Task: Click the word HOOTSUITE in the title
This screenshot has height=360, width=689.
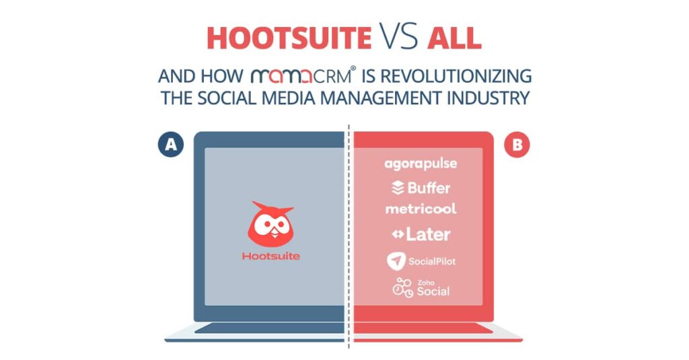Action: point(289,38)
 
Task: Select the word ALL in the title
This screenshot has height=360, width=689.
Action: point(454,38)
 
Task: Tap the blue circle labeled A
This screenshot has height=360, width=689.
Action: point(171,145)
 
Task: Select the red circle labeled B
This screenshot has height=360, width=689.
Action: point(517,145)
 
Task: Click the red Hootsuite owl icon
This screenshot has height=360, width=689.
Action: point(270,224)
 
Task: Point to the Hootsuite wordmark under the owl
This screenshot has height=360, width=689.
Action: point(271,256)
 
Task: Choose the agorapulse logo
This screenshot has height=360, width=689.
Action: point(421,164)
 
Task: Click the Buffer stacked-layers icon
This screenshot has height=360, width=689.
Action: point(398,188)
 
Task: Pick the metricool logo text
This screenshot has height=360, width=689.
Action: point(421,209)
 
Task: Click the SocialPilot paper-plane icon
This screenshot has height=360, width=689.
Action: point(396,261)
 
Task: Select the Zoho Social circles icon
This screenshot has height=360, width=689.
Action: point(402,288)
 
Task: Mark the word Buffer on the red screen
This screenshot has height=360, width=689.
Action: point(429,188)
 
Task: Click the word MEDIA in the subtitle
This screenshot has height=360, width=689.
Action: point(288,98)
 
